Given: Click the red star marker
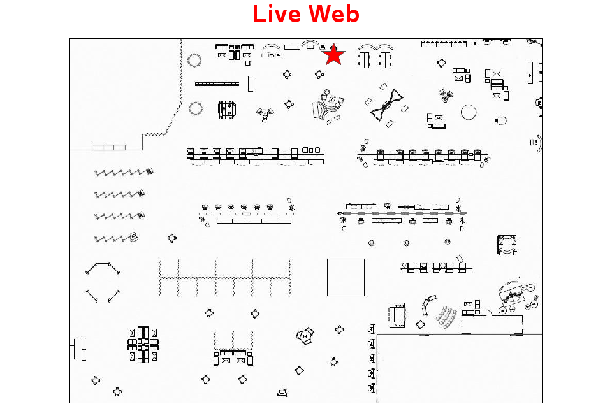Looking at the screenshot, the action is pos(333,55).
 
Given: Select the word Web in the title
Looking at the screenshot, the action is pos(334,14).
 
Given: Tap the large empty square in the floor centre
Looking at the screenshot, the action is pos(346,277).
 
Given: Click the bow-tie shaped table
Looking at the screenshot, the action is pos(386,105).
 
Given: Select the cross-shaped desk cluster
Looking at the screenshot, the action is pos(143,345).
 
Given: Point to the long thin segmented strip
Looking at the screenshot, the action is pos(217,84).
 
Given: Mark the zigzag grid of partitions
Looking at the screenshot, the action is pos(225,278).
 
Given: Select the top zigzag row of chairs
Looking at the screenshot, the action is pos(124,172).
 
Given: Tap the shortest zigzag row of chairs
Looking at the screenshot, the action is pos(116,238).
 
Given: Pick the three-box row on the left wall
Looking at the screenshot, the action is pos(108,147).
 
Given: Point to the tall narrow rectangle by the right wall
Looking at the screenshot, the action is pos(530,73).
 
